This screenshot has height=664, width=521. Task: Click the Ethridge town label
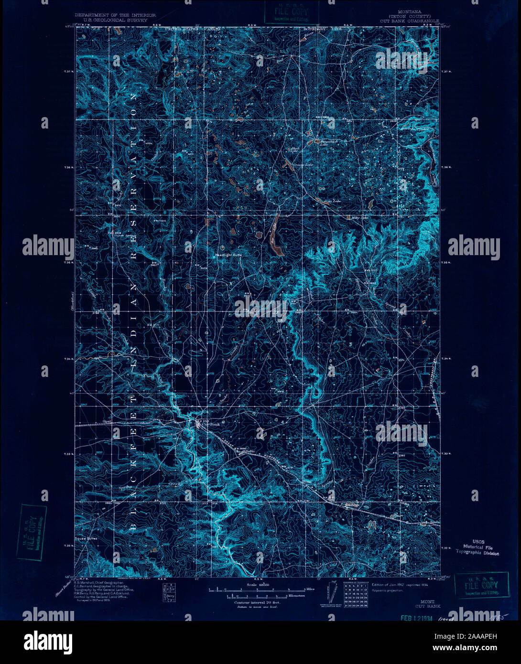pos(352,504)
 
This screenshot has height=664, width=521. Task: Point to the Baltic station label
pos(251,451)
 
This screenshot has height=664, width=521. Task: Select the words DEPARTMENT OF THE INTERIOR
pos(115,15)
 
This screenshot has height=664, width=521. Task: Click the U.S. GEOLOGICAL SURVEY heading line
pos(115,21)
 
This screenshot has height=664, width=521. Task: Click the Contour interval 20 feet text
pos(257,602)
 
